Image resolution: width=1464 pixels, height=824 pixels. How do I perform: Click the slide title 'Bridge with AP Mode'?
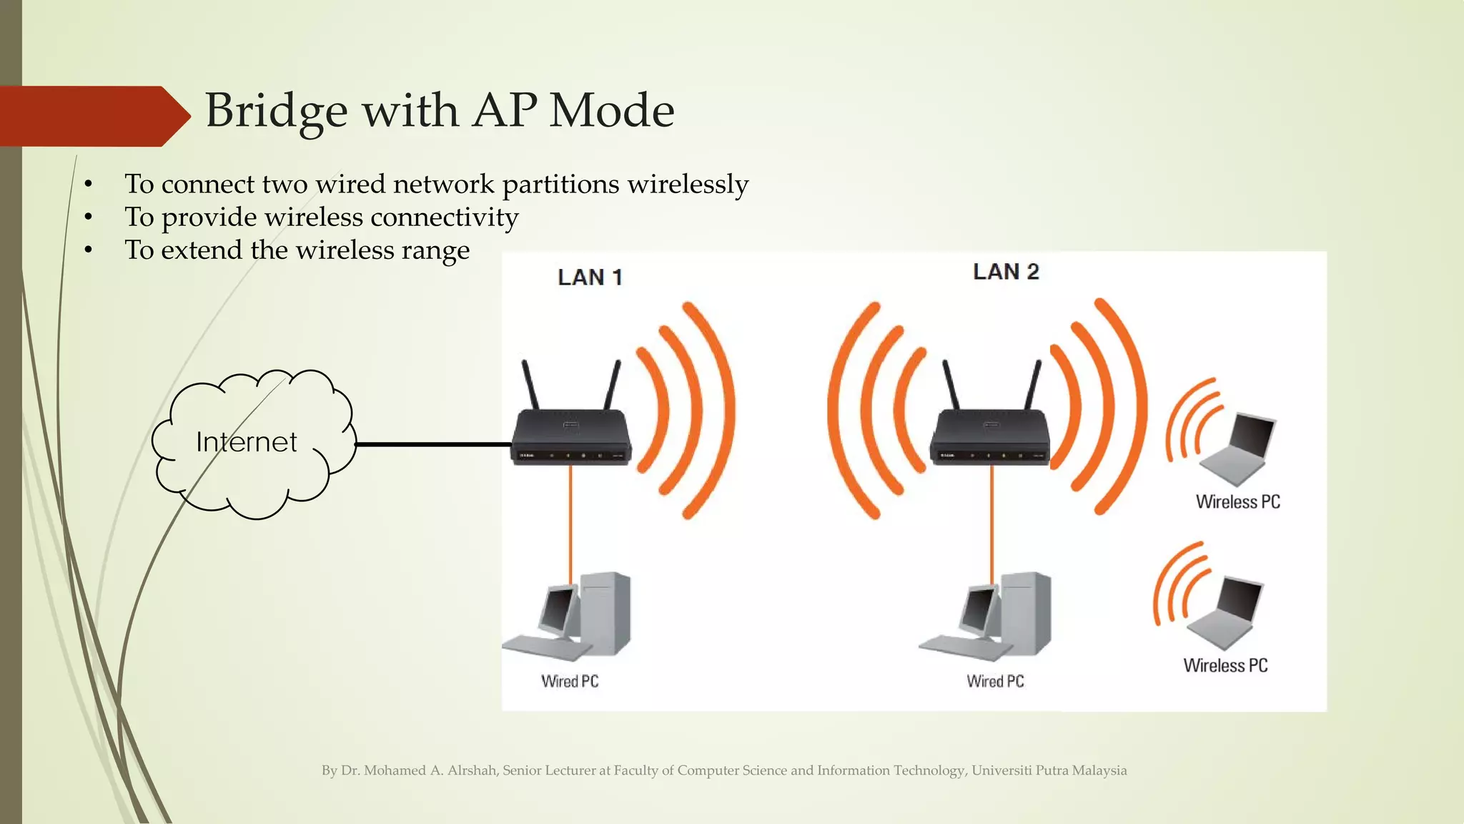point(440,111)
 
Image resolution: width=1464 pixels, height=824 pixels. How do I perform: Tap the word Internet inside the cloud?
point(247,442)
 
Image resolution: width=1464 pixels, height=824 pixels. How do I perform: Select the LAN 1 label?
point(590,278)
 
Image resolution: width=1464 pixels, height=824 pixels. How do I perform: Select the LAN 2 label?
point(1006,272)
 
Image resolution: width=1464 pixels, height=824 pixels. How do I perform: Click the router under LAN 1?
point(570,436)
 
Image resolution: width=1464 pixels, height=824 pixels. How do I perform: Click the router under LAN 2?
point(990,436)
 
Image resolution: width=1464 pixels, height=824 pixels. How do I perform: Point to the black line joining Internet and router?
point(432,444)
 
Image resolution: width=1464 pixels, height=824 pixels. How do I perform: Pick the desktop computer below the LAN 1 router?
point(572,615)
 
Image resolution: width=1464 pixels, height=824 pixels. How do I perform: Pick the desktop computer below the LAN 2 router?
point(990,615)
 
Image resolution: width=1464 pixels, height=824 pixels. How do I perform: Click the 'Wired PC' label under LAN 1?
point(570,682)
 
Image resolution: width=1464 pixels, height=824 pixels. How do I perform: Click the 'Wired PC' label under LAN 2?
point(995,682)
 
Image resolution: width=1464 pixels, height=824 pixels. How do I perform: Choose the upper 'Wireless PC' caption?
point(1238,502)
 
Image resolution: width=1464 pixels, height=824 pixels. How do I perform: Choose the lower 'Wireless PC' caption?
point(1225,666)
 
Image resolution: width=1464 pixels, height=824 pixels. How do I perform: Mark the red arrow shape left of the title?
point(89,116)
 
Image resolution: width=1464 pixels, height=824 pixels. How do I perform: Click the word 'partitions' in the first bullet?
point(560,185)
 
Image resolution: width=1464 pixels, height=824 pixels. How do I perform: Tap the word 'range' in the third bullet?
point(439,250)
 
